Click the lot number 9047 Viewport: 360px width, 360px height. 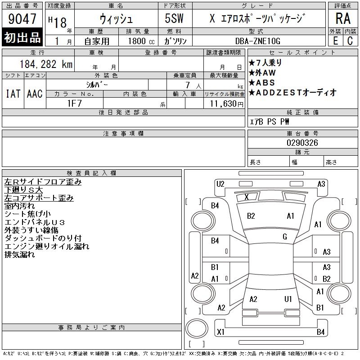coord(22,19)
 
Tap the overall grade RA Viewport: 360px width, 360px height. coord(343,18)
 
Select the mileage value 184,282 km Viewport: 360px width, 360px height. coord(46,64)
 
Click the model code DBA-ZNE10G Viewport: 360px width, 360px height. coord(258,41)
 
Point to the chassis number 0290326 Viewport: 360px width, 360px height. coord(302,143)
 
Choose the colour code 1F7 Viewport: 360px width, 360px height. coord(74,103)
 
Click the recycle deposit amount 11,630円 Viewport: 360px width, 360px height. coord(227,104)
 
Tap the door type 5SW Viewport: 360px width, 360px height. coord(174,18)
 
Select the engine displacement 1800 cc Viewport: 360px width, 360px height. coord(141,41)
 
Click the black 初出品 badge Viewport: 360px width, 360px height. coord(22,37)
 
